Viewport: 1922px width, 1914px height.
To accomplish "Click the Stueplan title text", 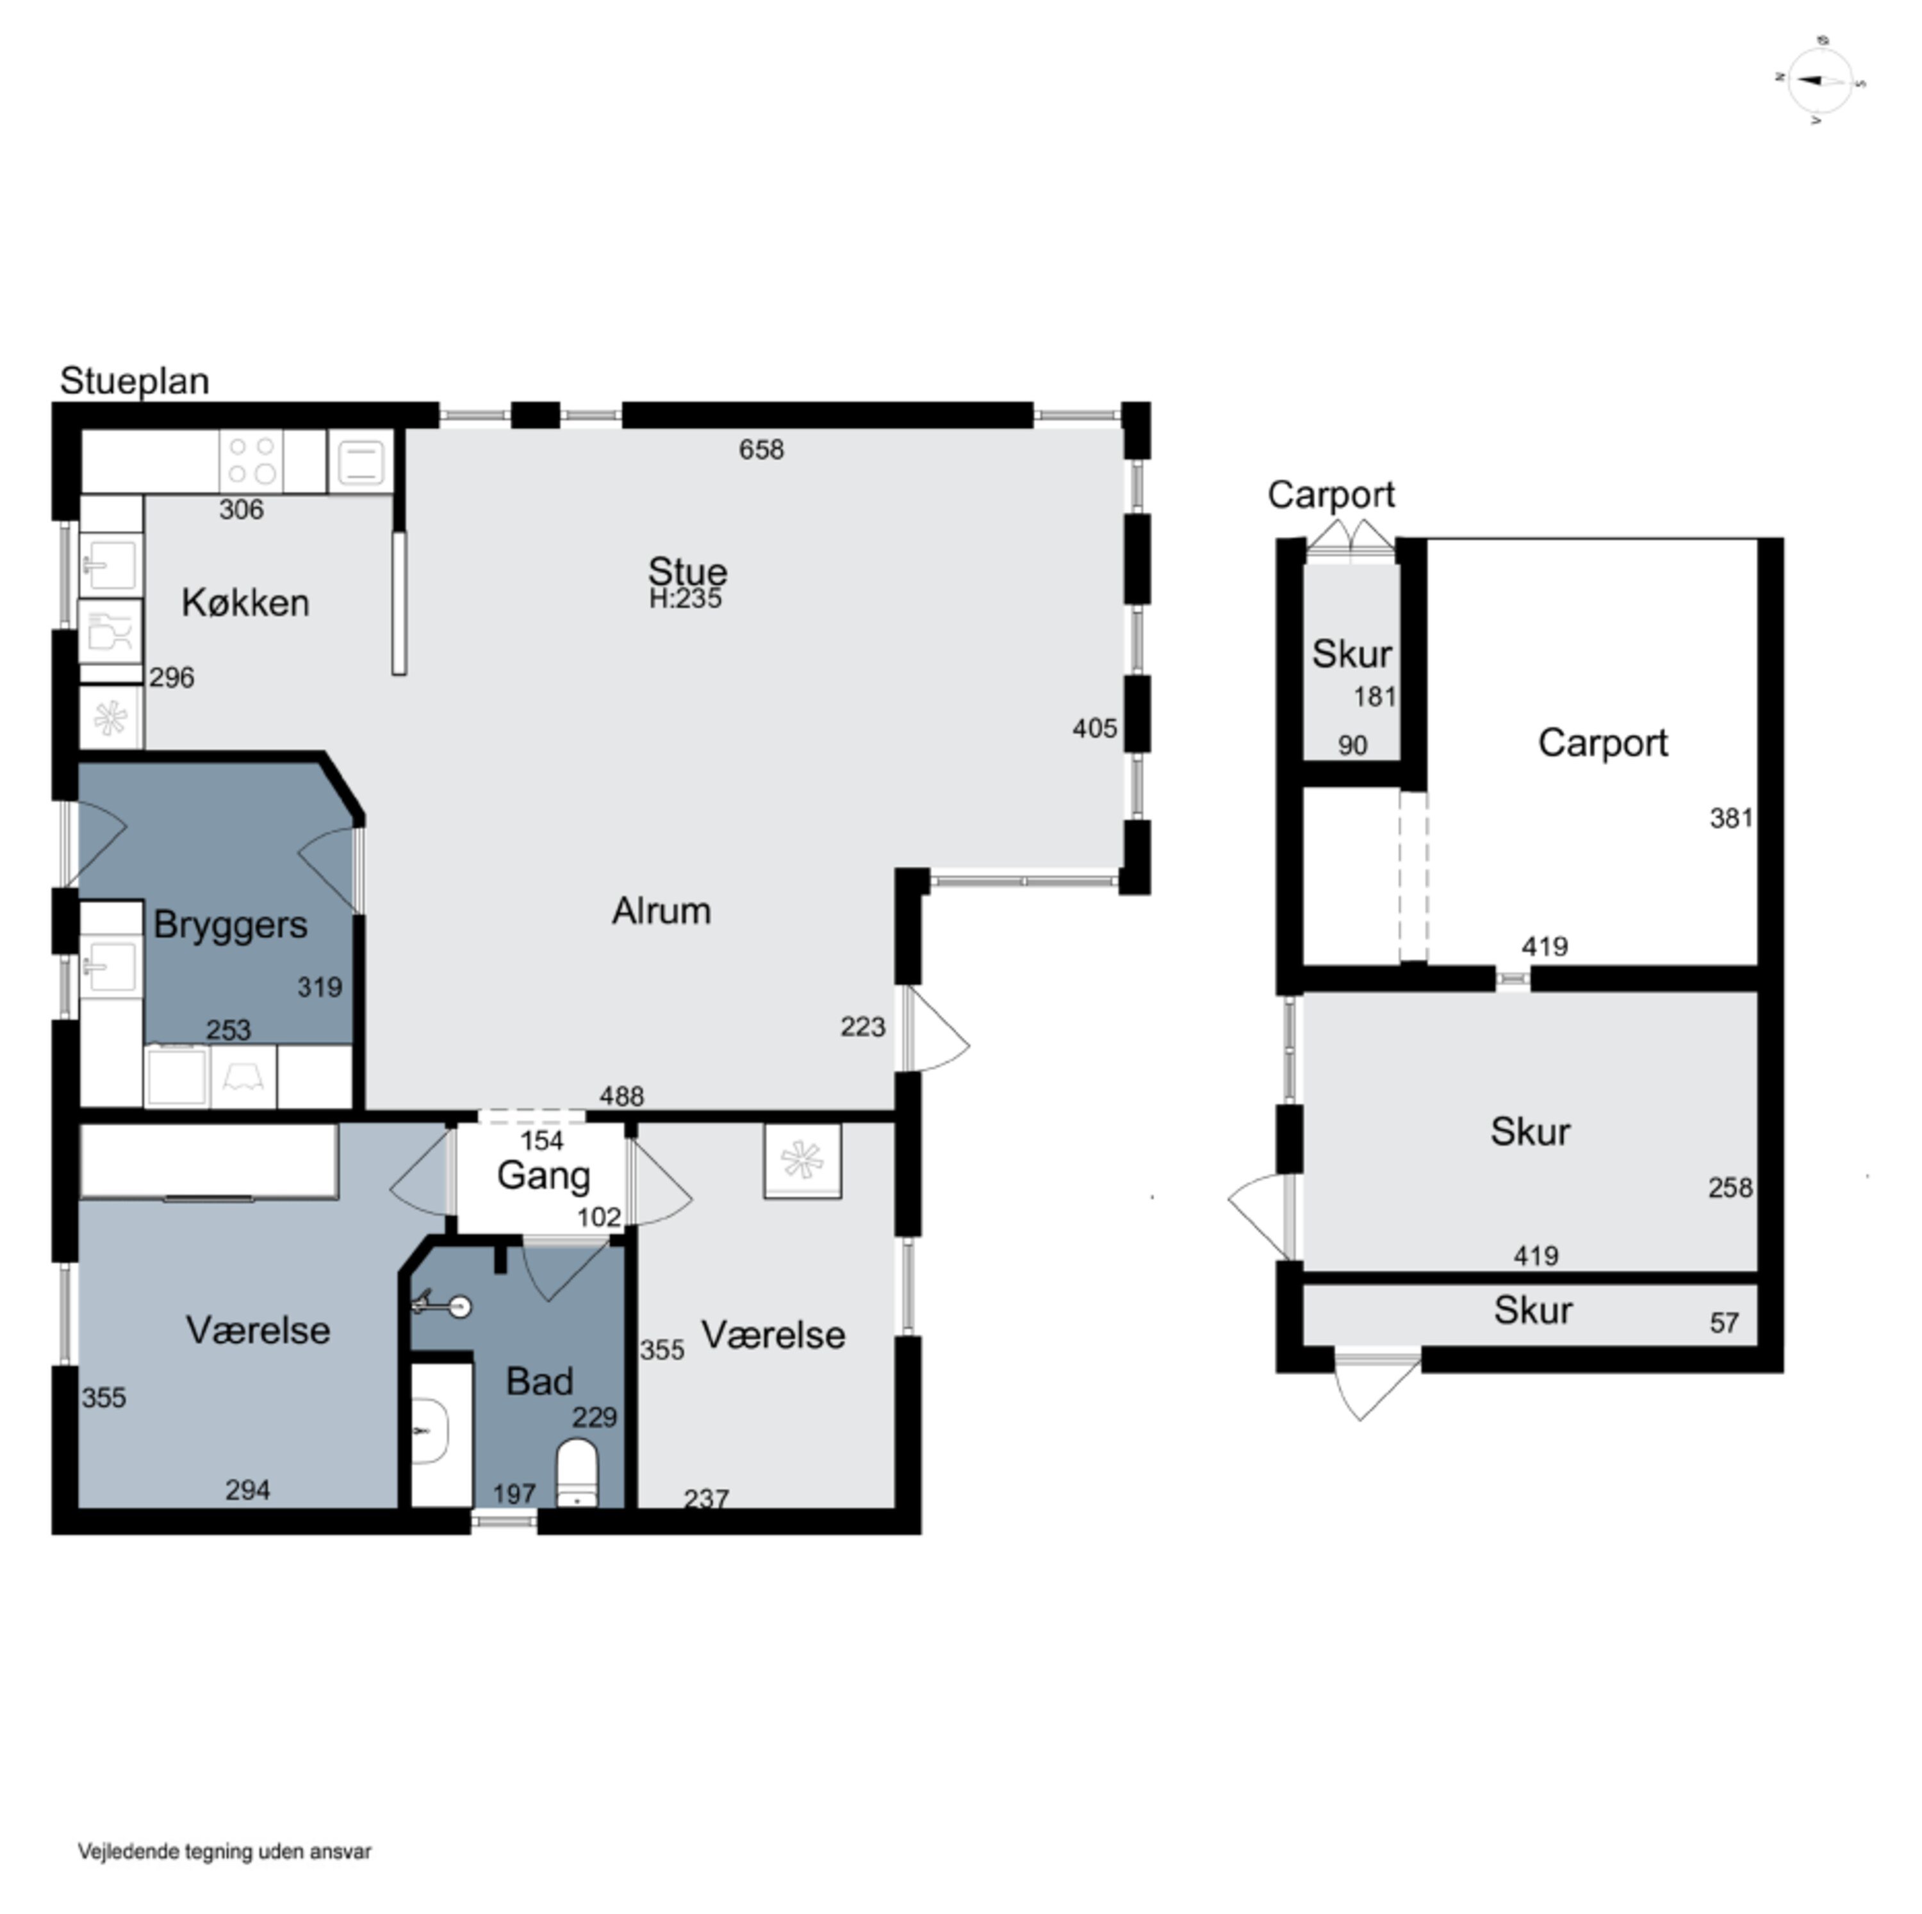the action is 135,381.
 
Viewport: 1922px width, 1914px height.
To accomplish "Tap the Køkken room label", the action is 245,603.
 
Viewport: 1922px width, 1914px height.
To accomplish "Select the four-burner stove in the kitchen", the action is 252,461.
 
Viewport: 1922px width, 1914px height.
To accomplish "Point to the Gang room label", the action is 543,1176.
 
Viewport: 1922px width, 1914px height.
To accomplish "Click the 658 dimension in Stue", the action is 761,450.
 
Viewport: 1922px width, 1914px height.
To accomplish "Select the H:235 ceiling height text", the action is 686,599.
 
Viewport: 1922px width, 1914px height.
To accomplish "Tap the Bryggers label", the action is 230,925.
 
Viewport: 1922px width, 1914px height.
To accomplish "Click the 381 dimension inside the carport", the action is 1731,818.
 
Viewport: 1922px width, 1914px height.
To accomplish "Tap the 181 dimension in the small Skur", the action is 1375,697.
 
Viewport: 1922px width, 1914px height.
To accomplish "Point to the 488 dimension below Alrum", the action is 621,1096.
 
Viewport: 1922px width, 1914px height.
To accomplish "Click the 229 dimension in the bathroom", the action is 594,1417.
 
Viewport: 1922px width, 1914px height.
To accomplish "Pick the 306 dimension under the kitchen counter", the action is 241,509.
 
